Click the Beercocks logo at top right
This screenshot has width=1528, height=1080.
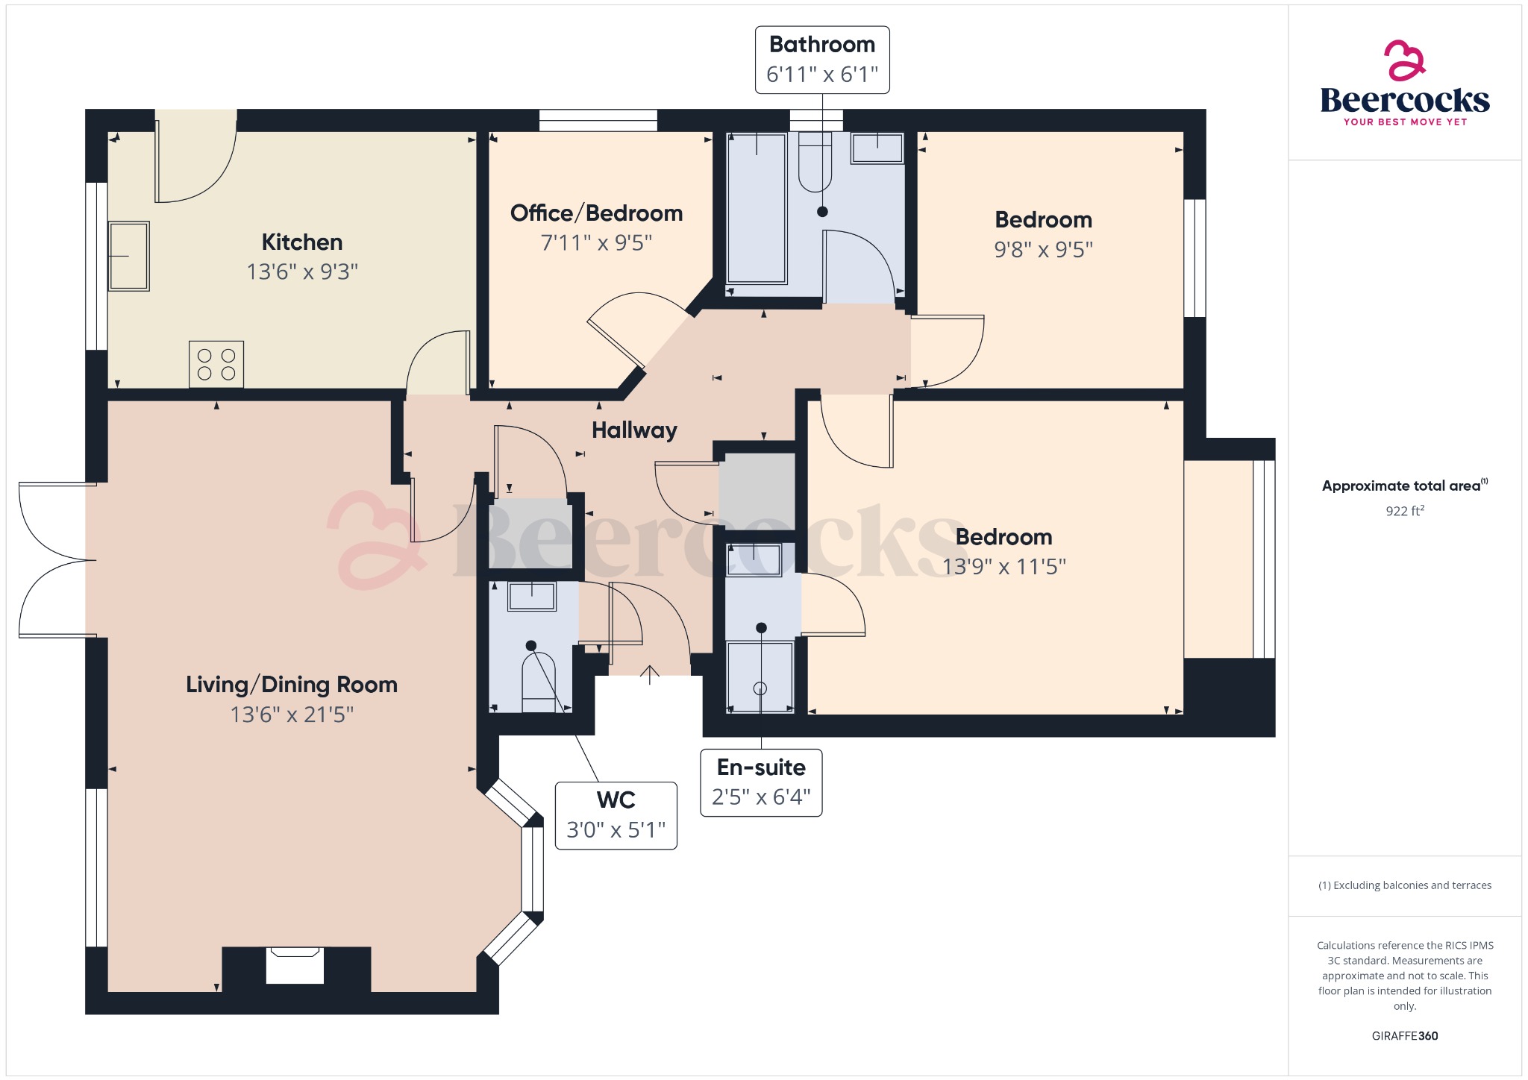(x=1404, y=84)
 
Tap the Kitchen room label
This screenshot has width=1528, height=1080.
(x=302, y=242)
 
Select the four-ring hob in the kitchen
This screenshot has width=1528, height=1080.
(x=216, y=364)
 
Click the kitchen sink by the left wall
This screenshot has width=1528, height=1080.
(x=129, y=256)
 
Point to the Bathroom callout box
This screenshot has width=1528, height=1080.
(x=821, y=60)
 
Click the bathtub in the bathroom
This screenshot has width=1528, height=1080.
(x=757, y=209)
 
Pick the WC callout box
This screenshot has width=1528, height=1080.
(x=616, y=815)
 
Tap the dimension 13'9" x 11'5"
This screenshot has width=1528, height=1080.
(x=1003, y=567)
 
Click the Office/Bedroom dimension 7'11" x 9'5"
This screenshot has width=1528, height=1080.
(x=596, y=243)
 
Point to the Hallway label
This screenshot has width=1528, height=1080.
(x=634, y=430)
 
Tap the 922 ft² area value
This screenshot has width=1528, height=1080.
(x=1404, y=511)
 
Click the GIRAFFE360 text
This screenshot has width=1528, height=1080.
(x=1404, y=1035)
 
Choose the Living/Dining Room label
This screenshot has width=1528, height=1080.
(x=291, y=684)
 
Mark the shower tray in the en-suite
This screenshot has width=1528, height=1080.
(x=760, y=676)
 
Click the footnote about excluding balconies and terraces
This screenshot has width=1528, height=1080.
(x=1404, y=885)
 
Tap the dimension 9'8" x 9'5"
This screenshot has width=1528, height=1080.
(x=1043, y=250)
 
